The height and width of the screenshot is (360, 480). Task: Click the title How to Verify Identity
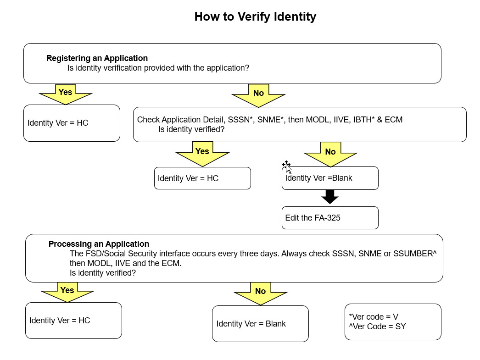255,17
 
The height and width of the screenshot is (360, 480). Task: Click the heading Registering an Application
97,58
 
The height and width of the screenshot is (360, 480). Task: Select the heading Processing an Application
99,244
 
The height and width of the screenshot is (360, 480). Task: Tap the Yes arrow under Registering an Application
66,94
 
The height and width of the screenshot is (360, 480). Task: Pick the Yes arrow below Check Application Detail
202,154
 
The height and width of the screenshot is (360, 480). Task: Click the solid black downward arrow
330,197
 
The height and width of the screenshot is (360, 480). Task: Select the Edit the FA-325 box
330,218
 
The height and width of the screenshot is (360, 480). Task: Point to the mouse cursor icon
287,167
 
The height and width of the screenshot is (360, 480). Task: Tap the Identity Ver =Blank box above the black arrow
330,178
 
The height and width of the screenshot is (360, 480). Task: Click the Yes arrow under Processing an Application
67,293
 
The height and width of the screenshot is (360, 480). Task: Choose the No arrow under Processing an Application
261,294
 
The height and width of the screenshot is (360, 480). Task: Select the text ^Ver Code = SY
377,327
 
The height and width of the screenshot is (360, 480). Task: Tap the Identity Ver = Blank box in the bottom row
260,324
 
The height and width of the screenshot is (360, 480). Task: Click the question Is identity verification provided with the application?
158,68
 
